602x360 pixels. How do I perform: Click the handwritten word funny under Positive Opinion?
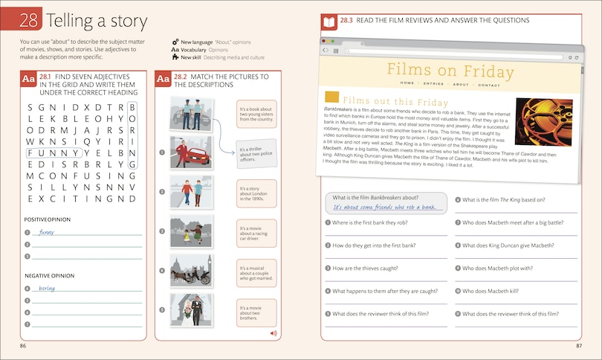click(x=47, y=232)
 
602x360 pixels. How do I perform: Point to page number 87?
click(x=579, y=346)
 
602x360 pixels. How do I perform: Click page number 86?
click(x=24, y=346)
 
